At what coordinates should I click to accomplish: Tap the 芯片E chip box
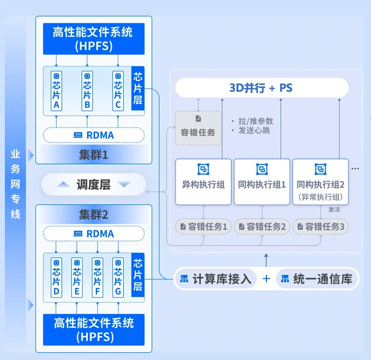click(x=77, y=277)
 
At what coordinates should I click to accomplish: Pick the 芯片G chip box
click(x=118, y=277)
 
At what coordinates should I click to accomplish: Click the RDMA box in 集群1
click(x=94, y=135)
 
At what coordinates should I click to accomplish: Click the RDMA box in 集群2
click(x=94, y=233)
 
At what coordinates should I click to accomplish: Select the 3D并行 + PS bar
click(x=262, y=88)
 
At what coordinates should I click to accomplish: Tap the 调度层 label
click(x=94, y=184)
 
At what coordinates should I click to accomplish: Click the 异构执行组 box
click(x=203, y=181)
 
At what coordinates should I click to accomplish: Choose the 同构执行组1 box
click(x=262, y=181)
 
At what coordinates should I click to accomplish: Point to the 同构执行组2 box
click(x=320, y=181)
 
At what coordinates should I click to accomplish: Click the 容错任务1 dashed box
click(x=203, y=226)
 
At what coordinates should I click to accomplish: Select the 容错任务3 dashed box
click(x=320, y=226)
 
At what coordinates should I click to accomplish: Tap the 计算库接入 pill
click(x=216, y=279)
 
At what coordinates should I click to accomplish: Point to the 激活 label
click(x=334, y=209)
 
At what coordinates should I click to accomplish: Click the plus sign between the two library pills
click(x=266, y=279)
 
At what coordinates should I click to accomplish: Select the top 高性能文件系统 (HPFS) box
click(x=94, y=39)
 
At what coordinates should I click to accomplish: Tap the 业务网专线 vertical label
click(x=15, y=184)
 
